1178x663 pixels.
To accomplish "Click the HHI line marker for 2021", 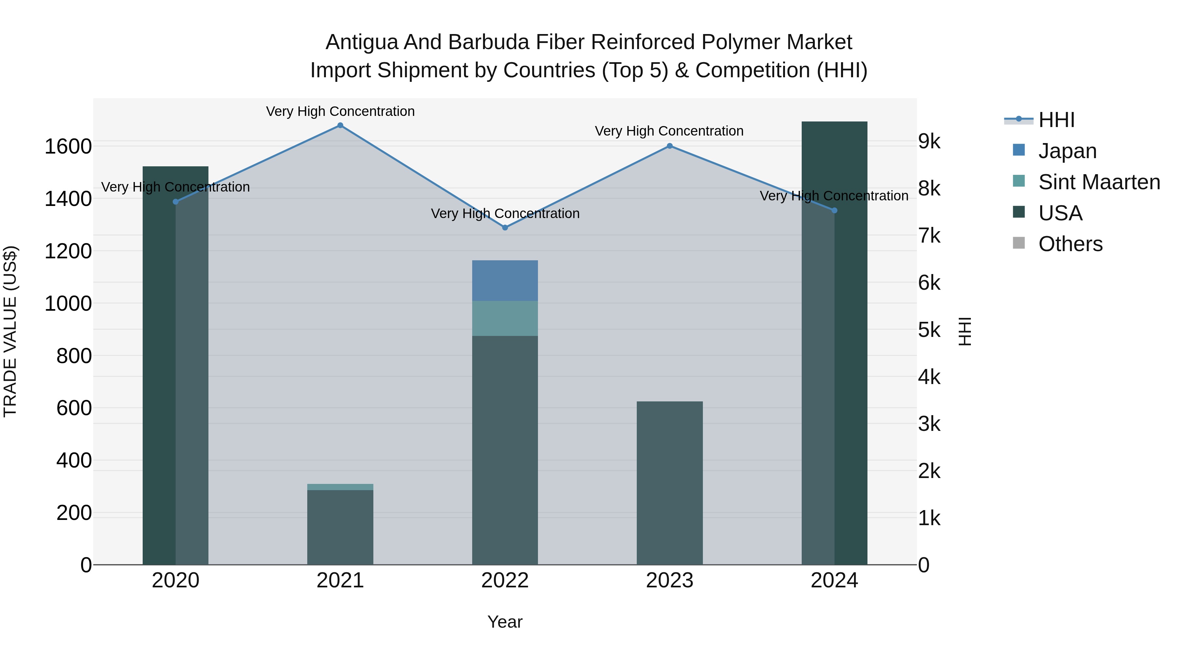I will [340, 125].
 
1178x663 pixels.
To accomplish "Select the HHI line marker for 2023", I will [669, 146].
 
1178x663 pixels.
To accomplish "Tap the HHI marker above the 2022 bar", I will [505, 228].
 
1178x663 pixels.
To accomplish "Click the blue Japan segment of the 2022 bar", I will [505, 281].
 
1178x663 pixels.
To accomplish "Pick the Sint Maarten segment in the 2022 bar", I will [505, 319].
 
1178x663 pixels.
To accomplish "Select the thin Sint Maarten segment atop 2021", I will [340, 487].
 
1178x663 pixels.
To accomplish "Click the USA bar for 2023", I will [669, 483].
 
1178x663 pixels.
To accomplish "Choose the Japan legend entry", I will [1067, 151].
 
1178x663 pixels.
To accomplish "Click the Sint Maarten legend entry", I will [1099, 182].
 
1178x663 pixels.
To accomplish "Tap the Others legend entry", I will [1070, 244].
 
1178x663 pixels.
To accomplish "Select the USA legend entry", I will [1060, 213].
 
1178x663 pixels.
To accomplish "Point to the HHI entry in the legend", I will [1056, 120].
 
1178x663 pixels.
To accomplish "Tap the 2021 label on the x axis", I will [340, 580].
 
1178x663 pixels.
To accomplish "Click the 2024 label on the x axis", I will [834, 580].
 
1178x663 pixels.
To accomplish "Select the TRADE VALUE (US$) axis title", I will [10, 331].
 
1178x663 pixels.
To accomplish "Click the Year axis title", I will [505, 622].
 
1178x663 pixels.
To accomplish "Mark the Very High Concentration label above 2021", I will [340, 111].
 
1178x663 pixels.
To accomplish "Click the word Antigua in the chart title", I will [361, 42].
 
